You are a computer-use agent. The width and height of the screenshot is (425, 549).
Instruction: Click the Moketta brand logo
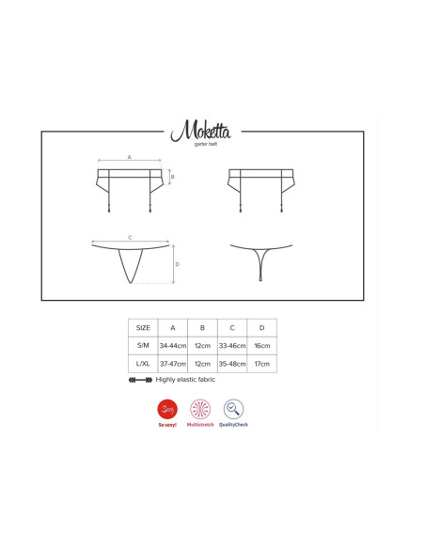click(200, 131)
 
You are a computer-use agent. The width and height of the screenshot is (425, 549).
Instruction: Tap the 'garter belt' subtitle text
click(206, 144)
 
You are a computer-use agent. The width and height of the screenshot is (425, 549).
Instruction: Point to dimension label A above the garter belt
click(129, 157)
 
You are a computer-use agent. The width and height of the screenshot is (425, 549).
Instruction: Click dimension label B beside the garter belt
click(172, 177)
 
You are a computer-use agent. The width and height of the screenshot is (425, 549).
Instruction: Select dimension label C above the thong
click(131, 238)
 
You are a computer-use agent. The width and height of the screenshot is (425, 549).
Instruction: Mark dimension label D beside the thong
click(177, 264)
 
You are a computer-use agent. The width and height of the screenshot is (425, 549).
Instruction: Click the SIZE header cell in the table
click(143, 328)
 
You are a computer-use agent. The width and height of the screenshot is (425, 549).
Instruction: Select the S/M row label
click(143, 345)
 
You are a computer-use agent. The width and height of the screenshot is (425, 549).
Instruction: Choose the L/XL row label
click(143, 364)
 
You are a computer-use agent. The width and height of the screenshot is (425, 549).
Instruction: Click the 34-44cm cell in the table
click(173, 346)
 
